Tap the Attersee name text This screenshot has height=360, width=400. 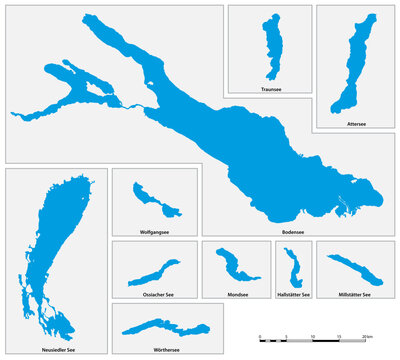(356, 124)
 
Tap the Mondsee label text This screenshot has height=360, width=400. (237, 295)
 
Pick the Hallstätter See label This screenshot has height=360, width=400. (293, 295)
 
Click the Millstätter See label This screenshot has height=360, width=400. (354, 295)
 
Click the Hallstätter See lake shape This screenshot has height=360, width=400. (292, 270)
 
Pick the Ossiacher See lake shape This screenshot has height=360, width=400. (154, 272)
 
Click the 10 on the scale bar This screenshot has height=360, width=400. (313, 335)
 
